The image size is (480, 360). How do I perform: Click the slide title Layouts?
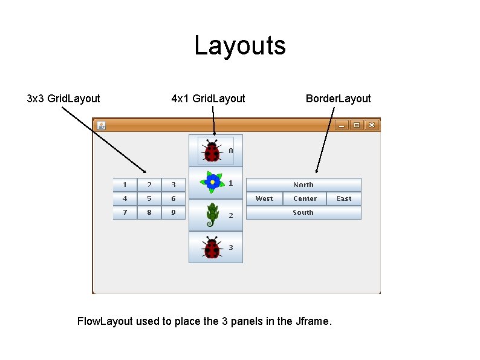tap(240, 46)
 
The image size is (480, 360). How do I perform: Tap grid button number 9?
tap(174, 212)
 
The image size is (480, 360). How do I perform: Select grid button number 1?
tap(125, 185)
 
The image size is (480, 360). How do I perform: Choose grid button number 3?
tap(174, 185)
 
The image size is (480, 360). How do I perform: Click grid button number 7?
tap(125, 212)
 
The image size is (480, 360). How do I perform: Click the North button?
tap(303, 185)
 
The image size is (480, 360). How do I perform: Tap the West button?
tap(264, 198)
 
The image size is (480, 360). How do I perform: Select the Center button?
tap(305, 198)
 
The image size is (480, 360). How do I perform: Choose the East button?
tap(344, 198)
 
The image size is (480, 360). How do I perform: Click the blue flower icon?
tap(212, 182)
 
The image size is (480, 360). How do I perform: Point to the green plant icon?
tap(212, 215)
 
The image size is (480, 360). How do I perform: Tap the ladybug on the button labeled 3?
tap(212, 247)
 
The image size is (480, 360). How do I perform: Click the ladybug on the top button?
tap(212, 150)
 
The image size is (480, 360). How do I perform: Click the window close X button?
tap(372, 125)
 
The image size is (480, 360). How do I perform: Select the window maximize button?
tap(357, 125)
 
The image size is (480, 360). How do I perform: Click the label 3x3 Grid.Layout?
tap(63, 98)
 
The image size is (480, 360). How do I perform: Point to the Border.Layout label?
tap(338, 98)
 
